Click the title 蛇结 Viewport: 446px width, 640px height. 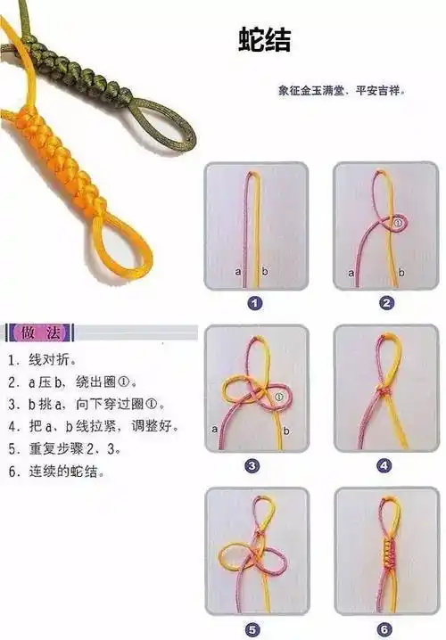point(264,40)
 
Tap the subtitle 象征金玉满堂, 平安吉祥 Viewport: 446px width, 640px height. point(342,90)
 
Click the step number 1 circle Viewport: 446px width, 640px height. point(255,303)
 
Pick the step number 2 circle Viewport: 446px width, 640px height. point(386,303)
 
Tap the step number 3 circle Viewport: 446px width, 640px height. point(255,465)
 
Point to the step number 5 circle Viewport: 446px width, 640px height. point(255,628)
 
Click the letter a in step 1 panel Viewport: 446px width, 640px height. point(237,270)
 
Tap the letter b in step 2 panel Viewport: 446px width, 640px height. point(402,271)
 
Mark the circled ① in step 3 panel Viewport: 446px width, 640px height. point(279,397)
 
